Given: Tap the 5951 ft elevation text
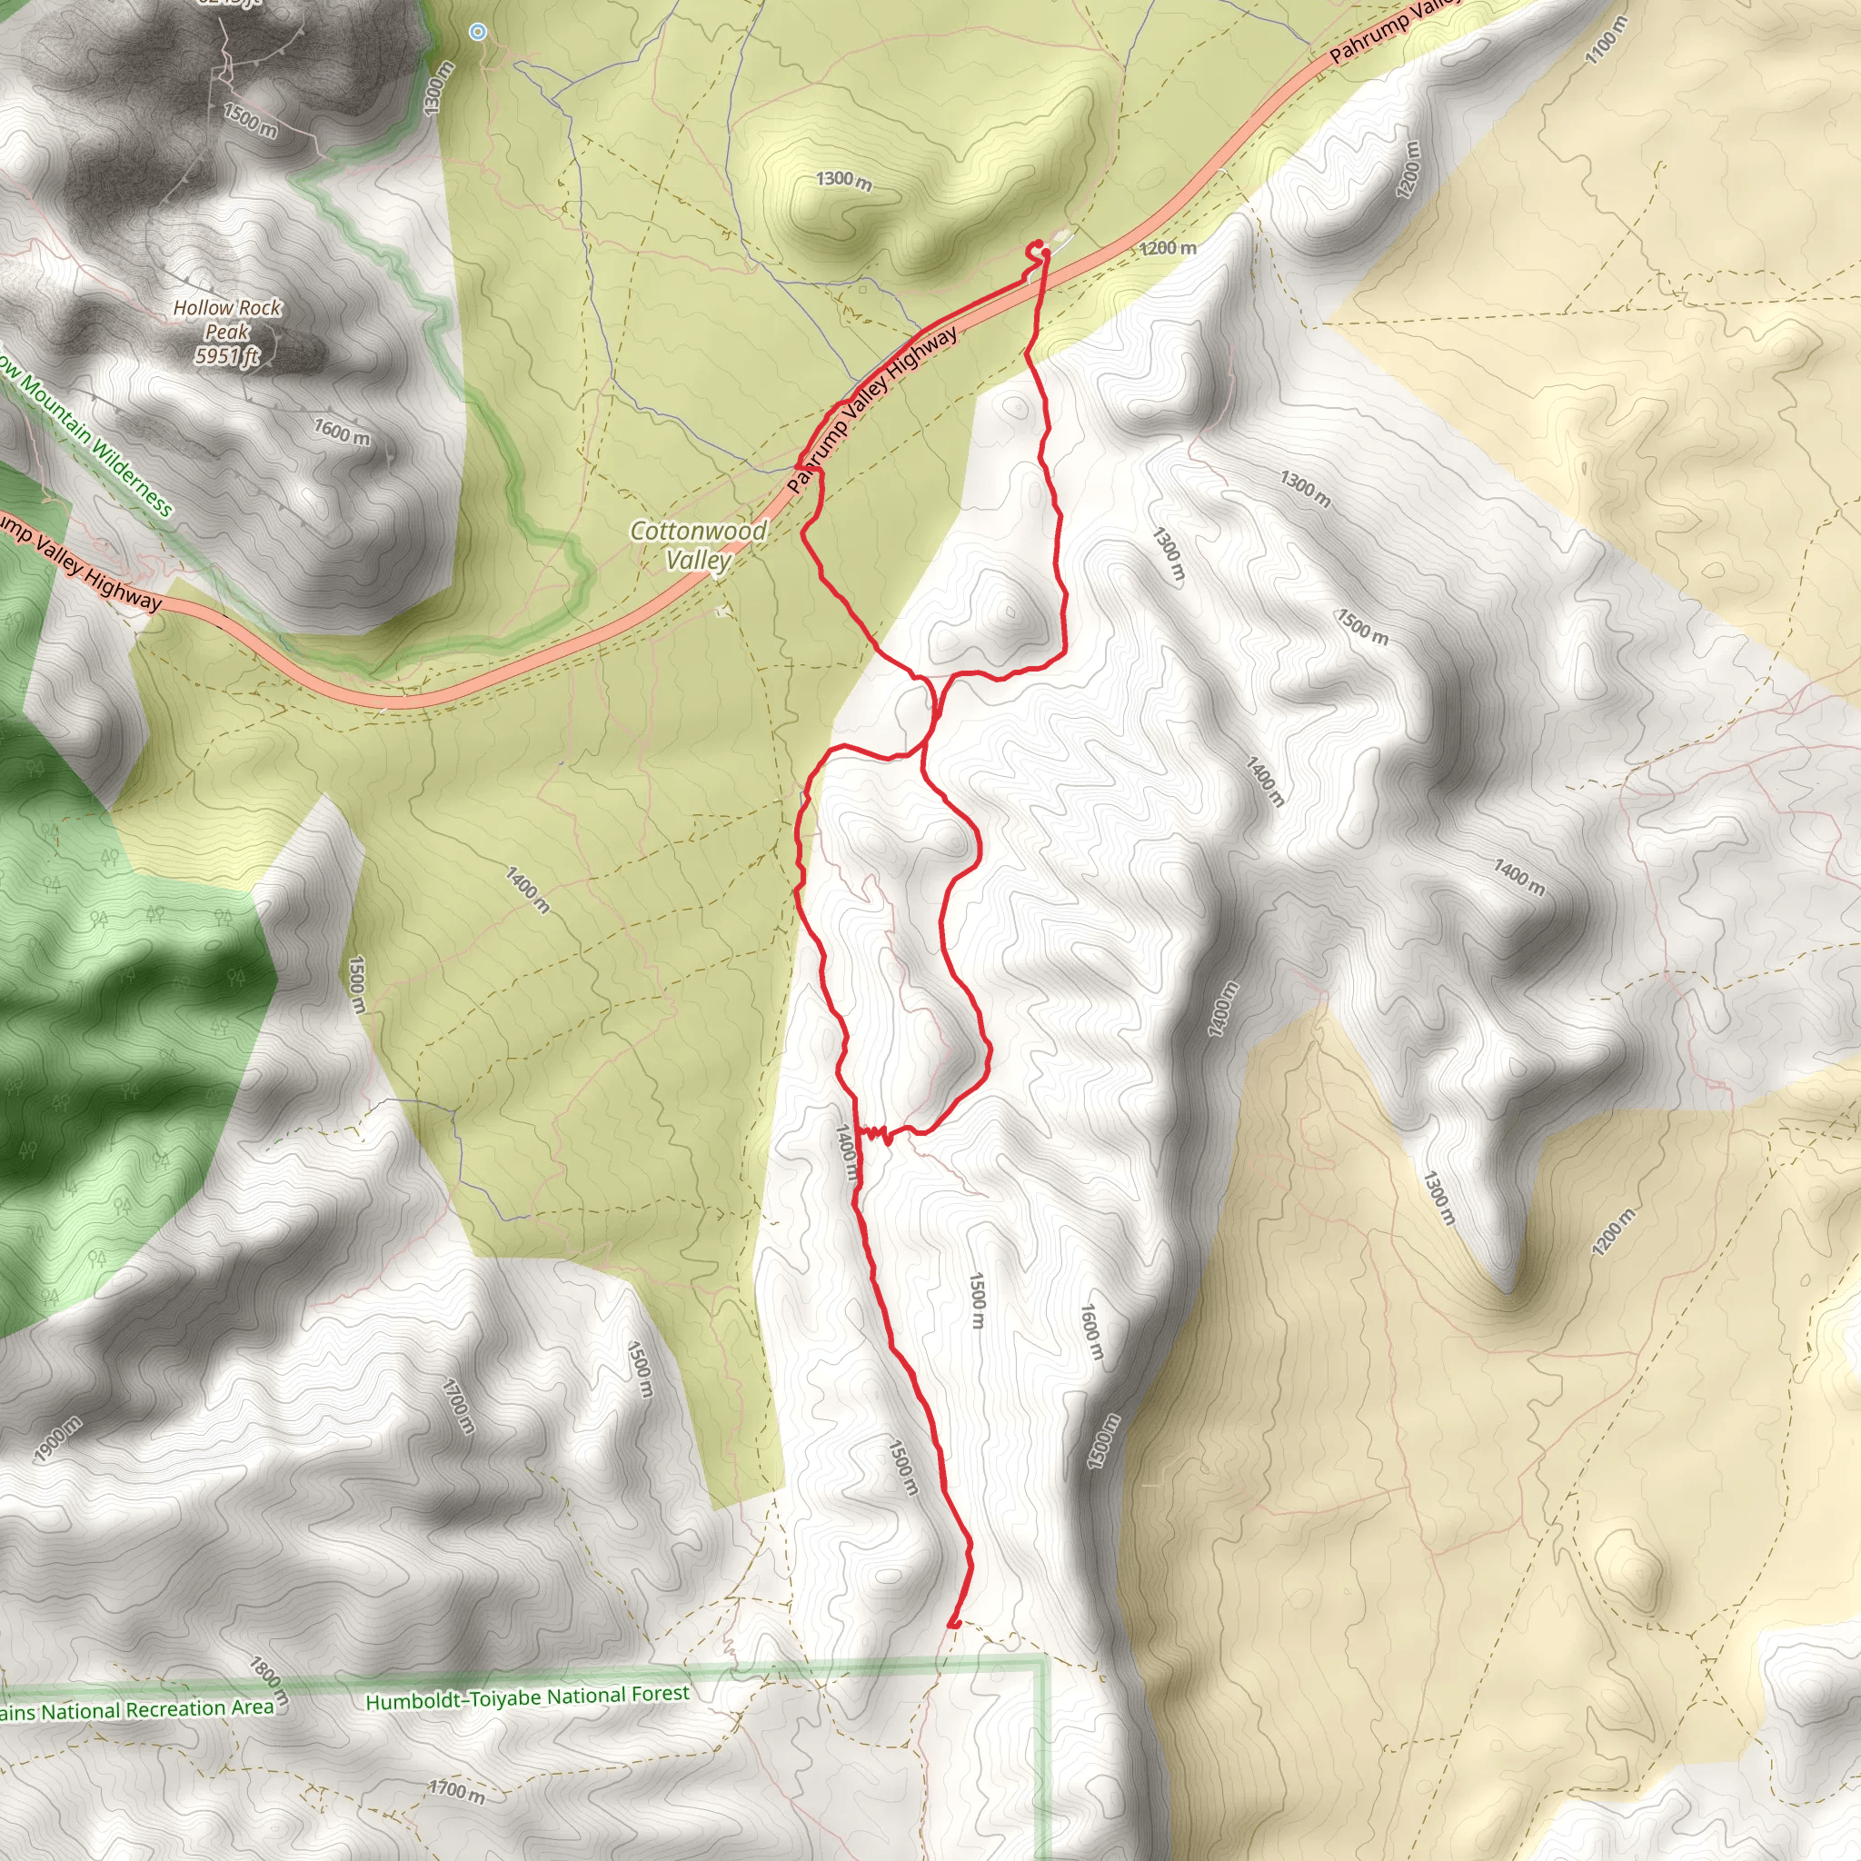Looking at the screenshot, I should pos(227,356).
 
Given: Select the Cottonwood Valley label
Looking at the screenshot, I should pos(699,545).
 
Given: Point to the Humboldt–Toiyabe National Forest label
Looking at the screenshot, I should pos(527,1697).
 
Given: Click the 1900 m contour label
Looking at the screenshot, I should pos(58,1441).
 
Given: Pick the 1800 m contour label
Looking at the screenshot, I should pos(268,1680).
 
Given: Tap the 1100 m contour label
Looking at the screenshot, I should pos(1606,42).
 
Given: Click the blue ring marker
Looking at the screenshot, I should pos(478,32).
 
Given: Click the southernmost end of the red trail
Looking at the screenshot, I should pos(952,1626).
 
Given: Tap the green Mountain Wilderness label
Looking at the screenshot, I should pos(86,438).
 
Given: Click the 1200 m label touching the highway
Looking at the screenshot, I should pos(1168,247).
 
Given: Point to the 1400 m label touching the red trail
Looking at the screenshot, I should pos(847,1152).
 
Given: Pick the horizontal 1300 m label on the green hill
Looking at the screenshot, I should pos(844,180).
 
